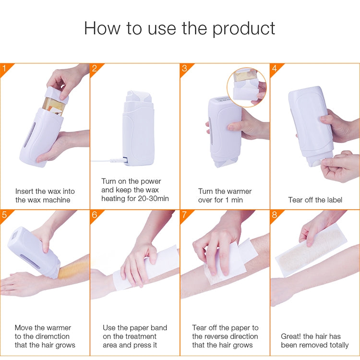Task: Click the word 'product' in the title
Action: [x=244, y=28]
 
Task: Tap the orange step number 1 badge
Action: [x=5, y=68]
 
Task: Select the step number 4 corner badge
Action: [x=275, y=68]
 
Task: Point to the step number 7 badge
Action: [x=184, y=215]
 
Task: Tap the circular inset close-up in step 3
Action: [x=247, y=87]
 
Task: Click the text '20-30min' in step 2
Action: [x=152, y=199]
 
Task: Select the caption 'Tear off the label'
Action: [x=314, y=200]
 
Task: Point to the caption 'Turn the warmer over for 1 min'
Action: [x=225, y=195]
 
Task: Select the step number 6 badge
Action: [x=95, y=215]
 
